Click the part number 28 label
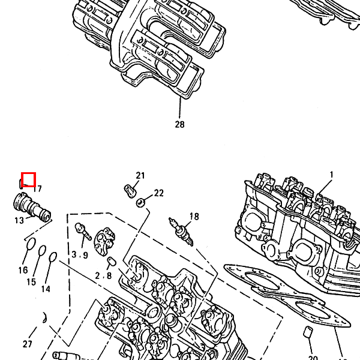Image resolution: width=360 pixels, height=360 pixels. click(180, 125)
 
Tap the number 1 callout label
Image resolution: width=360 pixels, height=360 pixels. click(331, 175)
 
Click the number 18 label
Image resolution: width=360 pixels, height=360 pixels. click(194, 216)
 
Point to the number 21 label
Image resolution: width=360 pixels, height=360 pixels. click(140, 175)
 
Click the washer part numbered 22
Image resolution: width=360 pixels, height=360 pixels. click(140, 202)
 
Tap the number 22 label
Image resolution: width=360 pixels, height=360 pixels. click(158, 193)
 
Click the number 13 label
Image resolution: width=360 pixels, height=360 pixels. click(19, 220)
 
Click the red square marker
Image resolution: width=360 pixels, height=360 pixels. click(29, 179)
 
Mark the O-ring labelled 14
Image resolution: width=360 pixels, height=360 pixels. click(53, 257)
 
